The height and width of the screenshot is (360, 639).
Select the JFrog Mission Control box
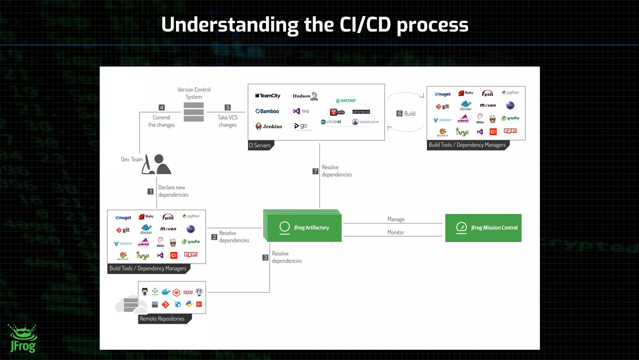click(x=483, y=228)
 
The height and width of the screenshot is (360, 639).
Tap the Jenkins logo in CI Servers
click(x=269, y=126)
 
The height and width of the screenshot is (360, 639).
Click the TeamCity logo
click(x=268, y=96)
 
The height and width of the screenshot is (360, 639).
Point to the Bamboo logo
click(x=267, y=111)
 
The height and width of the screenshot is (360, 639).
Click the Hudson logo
click(x=305, y=96)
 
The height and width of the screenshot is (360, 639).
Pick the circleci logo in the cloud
click(x=331, y=122)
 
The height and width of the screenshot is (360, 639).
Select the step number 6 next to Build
click(x=399, y=114)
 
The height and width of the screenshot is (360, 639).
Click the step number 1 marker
click(x=150, y=191)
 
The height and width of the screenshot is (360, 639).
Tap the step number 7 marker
click(x=315, y=171)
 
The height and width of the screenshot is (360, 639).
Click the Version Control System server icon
click(x=193, y=112)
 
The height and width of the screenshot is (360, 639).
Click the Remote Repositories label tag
click(x=162, y=319)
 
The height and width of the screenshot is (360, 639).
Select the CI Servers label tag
click(x=260, y=145)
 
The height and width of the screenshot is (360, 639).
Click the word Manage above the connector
click(x=396, y=219)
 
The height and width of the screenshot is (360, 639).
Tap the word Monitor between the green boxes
click(x=395, y=232)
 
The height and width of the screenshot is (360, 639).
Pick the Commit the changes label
click(x=161, y=121)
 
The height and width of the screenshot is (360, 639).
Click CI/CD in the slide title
click(x=365, y=25)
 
